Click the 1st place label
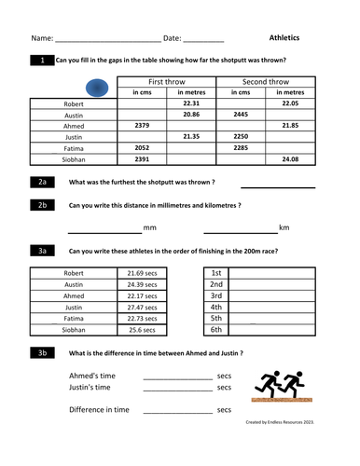pyautogui.click(x=215, y=273)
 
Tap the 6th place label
pyautogui.click(x=215, y=329)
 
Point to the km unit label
pyautogui.click(x=284, y=227)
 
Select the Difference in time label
pyautogui.click(x=99, y=409)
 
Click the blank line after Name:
pyautogui.click(x=107, y=40)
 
